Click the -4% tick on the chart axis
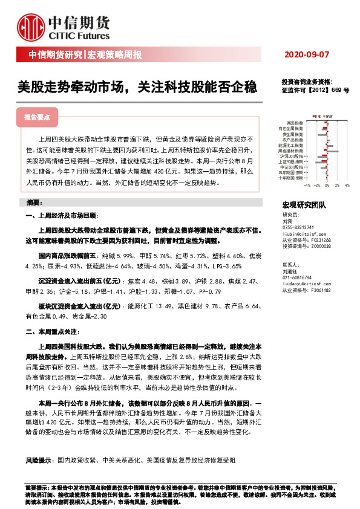point(307,186)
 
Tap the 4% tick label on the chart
point(347,186)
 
